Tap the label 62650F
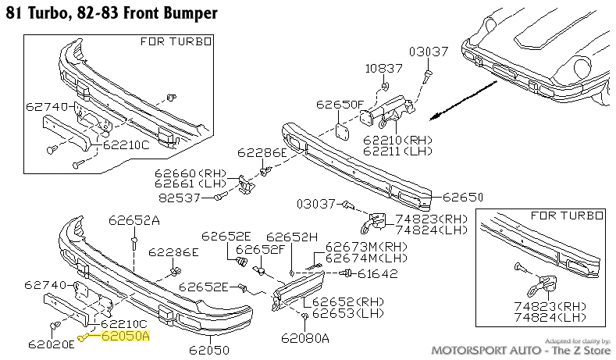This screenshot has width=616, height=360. (340, 104)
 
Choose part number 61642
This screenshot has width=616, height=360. (378, 273)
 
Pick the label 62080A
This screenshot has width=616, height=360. (305, 338)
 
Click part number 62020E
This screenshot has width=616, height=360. (50, 343)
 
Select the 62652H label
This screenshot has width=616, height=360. (292, 237)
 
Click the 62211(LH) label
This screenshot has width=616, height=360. (397, 149)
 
